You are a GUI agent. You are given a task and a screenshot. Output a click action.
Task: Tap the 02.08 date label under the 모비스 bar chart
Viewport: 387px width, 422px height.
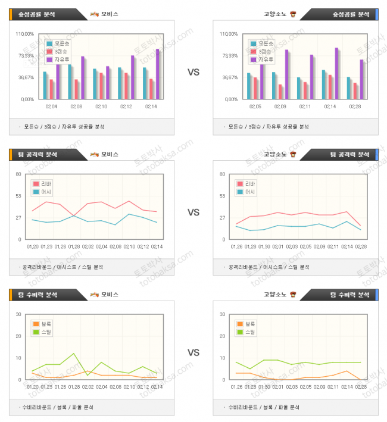click(76, 107)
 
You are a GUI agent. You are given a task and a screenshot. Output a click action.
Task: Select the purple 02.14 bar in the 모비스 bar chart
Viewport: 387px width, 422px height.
click(157, 74)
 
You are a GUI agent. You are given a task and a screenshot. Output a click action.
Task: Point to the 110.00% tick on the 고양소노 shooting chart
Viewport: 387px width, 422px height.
click(229, 34)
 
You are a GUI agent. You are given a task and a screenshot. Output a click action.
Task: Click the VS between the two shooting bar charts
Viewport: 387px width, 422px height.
click(193, 72)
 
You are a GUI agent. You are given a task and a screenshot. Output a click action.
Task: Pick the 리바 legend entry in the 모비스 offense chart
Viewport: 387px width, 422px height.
click(48, 184)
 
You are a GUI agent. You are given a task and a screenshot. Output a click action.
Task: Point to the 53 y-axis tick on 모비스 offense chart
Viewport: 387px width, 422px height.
click(18, 196)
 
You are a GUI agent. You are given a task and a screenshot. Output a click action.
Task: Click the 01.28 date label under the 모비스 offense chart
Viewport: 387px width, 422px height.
click(74, 246)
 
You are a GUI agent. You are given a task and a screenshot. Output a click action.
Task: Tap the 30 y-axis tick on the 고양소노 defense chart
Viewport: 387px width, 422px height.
click(223, 314)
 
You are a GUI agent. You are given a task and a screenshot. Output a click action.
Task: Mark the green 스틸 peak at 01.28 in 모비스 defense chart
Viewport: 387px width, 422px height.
click(74, 354)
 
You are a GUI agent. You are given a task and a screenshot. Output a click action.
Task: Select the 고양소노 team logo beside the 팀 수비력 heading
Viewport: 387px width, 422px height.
click(292, 294)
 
